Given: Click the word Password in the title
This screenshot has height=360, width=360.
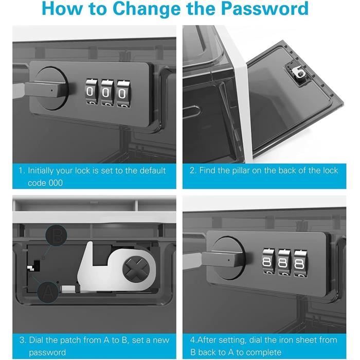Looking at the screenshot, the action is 265,9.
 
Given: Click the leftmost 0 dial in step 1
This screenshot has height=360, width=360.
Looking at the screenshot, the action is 92,92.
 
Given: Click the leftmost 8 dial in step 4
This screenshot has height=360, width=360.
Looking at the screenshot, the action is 268,261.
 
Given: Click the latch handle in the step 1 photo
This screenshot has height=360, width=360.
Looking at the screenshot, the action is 44,89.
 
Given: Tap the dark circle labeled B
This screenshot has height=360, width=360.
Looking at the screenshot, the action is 56,236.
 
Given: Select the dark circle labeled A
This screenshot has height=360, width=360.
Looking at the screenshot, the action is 47,292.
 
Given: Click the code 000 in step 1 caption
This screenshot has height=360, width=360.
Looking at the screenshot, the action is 45,183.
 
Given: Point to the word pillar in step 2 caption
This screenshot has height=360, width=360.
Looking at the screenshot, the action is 241,171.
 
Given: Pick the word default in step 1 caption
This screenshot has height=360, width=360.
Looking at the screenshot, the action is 153,171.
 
